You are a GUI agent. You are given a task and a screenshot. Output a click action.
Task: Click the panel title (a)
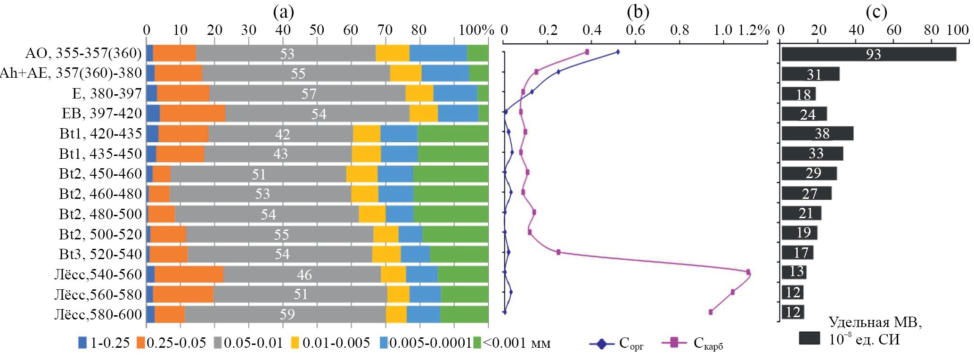coord(283,12)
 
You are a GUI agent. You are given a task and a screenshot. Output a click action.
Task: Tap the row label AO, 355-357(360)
coord(83,53)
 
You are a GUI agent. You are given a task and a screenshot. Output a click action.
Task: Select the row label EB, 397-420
coord(101,114)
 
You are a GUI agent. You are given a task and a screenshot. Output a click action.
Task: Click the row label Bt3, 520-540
coord(100,254)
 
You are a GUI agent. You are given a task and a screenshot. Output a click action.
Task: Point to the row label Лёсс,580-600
coord(98,314)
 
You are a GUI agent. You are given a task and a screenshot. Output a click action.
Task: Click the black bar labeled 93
coord(868,54)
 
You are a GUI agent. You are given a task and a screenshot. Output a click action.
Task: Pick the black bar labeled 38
coord(817,133)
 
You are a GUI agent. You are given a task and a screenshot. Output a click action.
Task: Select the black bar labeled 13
coord(794,272)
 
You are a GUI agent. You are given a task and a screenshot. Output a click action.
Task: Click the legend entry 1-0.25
coord(104,343)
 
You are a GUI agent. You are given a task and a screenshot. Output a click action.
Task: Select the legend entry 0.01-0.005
coord(330,343)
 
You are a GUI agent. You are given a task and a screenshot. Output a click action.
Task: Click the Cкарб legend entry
coord(693,344)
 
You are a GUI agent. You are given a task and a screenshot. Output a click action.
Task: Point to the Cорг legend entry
coord(617,344)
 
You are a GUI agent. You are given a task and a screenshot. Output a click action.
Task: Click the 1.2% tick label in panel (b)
coord(753,30)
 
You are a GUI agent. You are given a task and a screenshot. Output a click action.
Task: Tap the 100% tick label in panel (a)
coord(476,30)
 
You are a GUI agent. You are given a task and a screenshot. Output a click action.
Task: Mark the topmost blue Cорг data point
coord(618,52)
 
